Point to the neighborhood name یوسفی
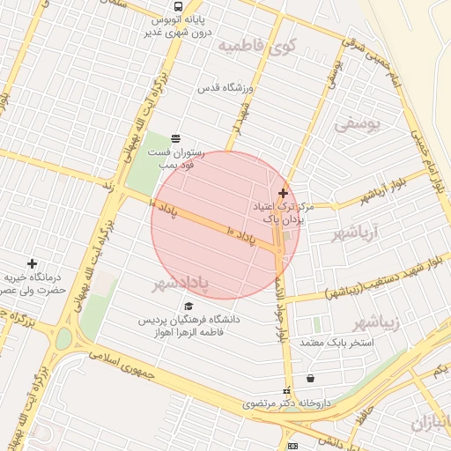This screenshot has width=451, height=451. [x=359, y=124]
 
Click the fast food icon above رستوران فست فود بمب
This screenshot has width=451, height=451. [x=175, y=137]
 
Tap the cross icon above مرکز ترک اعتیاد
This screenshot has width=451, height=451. [x=283, y=193]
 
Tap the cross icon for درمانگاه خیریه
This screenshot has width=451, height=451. [x=33, y=263]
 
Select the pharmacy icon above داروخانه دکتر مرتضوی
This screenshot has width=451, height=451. [x=285, y=391]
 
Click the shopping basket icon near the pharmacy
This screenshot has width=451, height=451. [x=310, y=379]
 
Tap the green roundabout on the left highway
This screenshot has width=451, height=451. [x=63, y=339]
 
